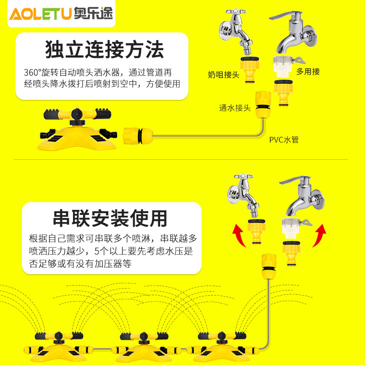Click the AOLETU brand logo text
[40, 14]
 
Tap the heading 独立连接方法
[104, 50]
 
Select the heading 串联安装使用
[110, 219]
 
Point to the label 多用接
[308, 71]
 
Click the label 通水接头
[235, 108]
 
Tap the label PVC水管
[284, 140]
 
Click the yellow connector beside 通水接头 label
[264, 104]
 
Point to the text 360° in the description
[33, 72]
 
